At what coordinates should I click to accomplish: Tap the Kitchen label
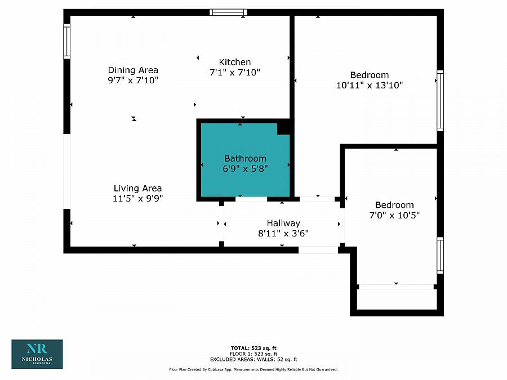click(x=234, y=62)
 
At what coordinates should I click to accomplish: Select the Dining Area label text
click(x=133, y=70)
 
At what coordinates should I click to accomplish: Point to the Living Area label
click(x=137, y=188)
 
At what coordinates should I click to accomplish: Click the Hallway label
click(x=283, y=223)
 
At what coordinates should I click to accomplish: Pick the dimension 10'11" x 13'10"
click(x=370, y=86)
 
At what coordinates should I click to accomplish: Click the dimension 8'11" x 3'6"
click(x=283, y=233)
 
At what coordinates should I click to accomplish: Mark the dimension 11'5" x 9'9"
click(x=137, y=198)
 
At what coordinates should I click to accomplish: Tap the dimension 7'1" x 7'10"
click(x=234, y=72)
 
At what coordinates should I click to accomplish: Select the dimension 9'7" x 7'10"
click(x=133, y=80)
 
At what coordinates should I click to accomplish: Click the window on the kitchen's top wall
click(x=228, y=12)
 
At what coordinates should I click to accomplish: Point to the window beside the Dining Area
click(x=66, y=42)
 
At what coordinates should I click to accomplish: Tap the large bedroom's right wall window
click(x=440, y=101)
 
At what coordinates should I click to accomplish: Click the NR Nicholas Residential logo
click(x=37, y=354)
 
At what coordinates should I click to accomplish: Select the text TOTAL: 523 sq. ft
click(x=253, y=348)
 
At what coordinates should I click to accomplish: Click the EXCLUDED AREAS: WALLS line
click(x=253, y=359)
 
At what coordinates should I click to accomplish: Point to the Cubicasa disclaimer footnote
click(x=253, y=369)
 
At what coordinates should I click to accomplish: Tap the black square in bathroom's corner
click(x=284, y=128)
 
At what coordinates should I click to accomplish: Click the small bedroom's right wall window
click(x=440, y=255)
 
